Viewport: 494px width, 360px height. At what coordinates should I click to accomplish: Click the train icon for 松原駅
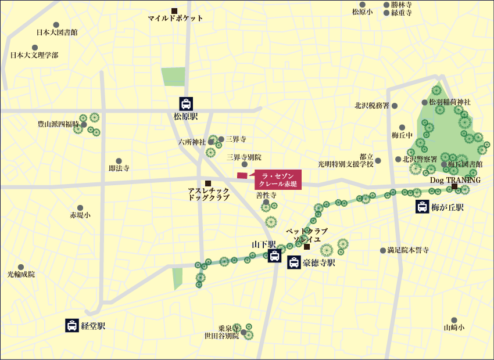(x=186, y=104)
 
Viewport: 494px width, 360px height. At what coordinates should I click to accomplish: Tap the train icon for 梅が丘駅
(x=423, y=207)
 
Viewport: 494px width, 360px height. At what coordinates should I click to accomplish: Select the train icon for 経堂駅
(x=72, y=325)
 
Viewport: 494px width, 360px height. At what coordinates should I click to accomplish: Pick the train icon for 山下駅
(x=274, y=256)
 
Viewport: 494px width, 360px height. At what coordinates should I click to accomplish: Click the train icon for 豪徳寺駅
(x=294, y=263)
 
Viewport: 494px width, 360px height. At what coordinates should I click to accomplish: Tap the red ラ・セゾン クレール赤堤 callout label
(x=278, y=179)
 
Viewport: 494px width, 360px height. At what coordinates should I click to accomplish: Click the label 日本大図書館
(x=56, y=33)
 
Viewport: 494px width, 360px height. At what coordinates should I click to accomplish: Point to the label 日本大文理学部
(x=34, y=55)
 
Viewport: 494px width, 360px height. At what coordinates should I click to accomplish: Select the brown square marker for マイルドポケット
(x=174, y=10)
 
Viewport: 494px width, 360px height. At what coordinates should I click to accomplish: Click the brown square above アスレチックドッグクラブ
(x=208, y=183)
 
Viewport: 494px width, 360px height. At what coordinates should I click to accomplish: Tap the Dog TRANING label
(x=455, y=180)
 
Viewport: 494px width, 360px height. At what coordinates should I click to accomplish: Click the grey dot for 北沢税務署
(x=395, y=106)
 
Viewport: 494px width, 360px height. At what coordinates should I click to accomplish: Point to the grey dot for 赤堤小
(x=80, y=207)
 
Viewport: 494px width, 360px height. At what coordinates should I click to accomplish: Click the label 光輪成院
(x=21, y=273)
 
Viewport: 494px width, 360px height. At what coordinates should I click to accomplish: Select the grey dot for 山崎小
(x=454, y=320)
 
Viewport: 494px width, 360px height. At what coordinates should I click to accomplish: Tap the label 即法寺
(x=119, y=168)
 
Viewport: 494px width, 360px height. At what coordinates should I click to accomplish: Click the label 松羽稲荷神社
(x=450, y=102)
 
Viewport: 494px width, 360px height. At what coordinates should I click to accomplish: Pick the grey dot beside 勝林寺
(x=386, y=5)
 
